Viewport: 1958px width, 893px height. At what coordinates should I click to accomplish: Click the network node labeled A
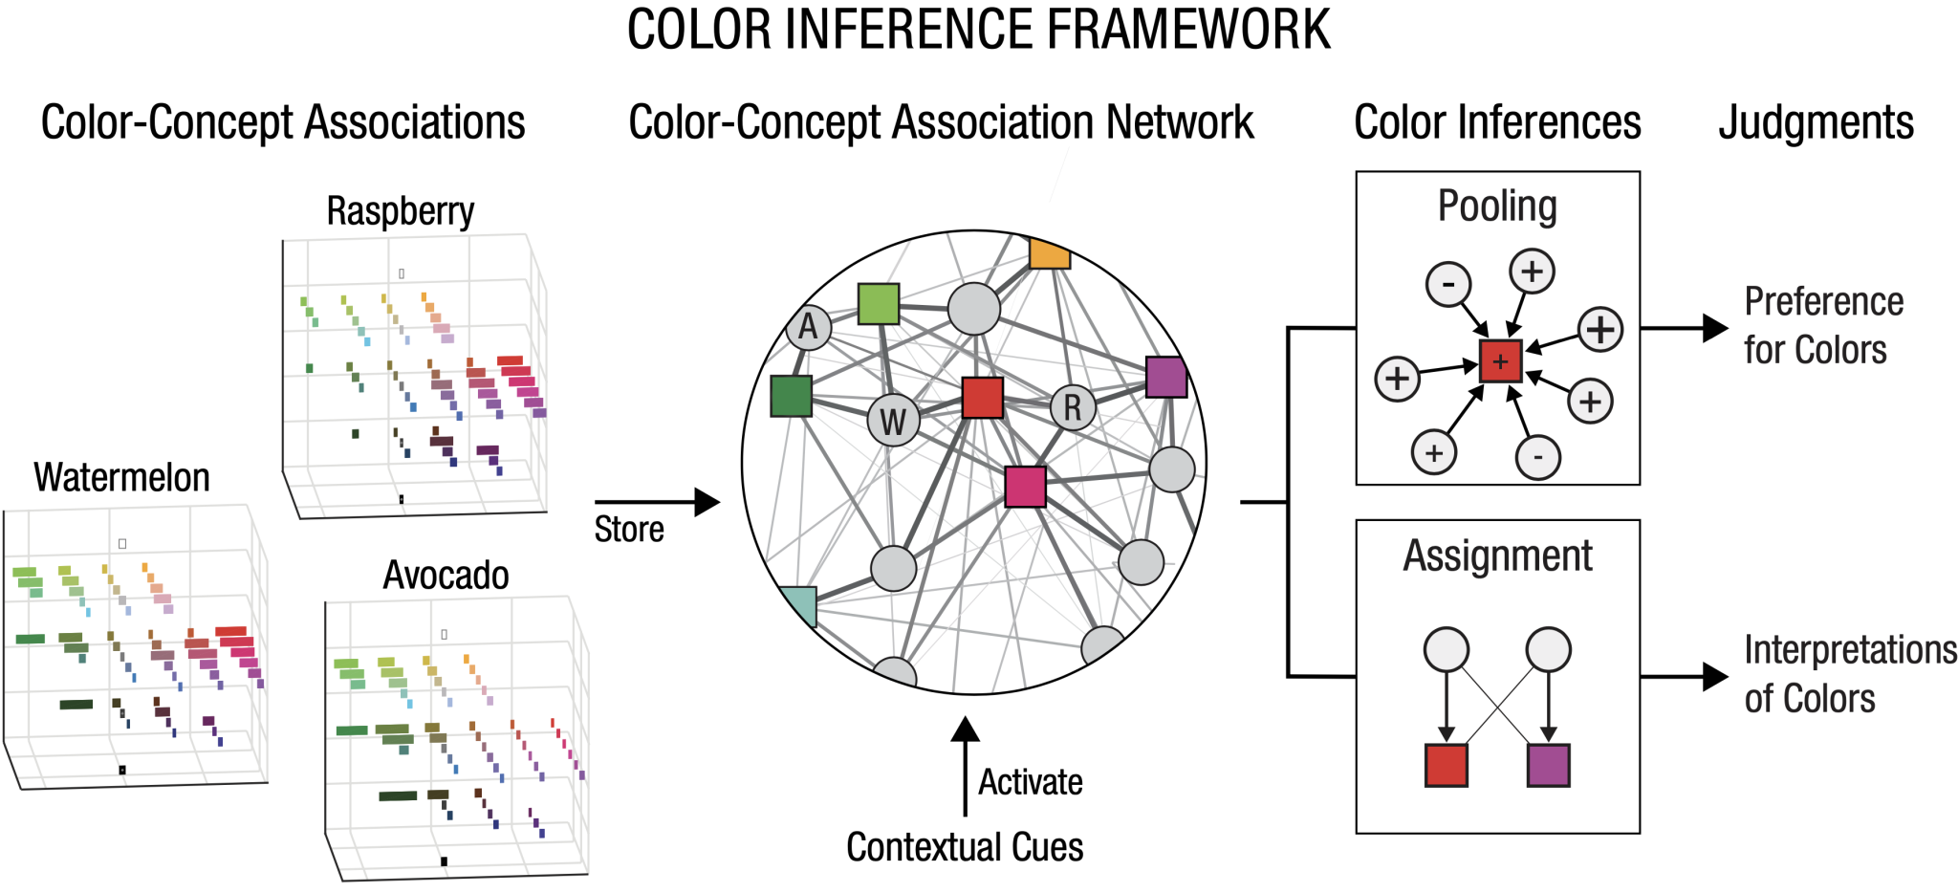tap(809, 327)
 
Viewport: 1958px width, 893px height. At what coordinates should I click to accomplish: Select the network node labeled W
tap(893, 421)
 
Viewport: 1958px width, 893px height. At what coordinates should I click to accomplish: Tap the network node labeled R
tap(1073, 408)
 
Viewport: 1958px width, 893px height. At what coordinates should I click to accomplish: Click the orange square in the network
tap(1049, 253)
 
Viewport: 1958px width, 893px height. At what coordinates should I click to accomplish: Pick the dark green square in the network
tap(792, 396)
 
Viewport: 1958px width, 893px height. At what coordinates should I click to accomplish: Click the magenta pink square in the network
tap(1025, 487)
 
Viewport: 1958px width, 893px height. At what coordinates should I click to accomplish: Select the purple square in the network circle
tap(1165, 377)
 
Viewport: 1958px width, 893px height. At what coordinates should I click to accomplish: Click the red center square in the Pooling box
tap(1500, 361)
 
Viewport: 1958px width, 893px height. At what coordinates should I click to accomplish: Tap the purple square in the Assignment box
tap(1549, 765)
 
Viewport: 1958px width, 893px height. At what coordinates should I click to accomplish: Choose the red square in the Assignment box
tap(1446, 765)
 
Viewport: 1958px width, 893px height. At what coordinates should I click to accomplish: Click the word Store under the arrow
tap(629, 529)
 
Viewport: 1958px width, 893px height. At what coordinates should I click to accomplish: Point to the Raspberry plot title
tap(401, 211)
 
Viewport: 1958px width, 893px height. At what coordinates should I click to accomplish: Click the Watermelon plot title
tap(121, 477)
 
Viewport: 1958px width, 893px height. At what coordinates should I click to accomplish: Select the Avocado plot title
tap(446, 576)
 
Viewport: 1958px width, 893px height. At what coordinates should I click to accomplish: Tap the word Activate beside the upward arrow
tap(1030, 782)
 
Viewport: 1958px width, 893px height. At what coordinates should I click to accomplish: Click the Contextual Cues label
tap(965, 847)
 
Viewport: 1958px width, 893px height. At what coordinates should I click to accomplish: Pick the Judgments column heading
tap(1816, 123)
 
